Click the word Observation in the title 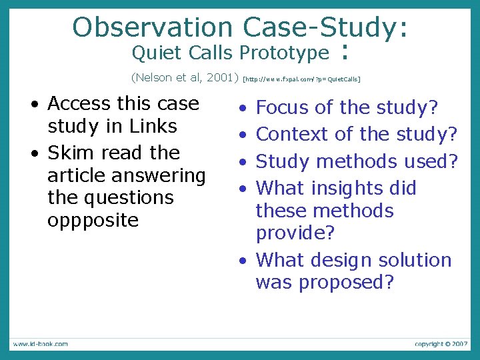point(151,27)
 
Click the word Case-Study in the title point(320,27)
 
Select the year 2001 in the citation point(219,77)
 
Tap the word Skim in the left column point(71,153)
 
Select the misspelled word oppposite point(93,220)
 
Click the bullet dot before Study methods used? point(245,162)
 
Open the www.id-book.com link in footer point(39,344)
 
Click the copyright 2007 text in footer point(441,344)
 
